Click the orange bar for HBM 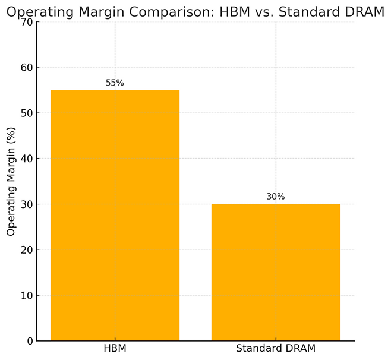[115, 215]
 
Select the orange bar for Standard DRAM [276, 272]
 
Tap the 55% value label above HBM [115, 83]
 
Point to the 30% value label [276, 197]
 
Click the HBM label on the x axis [115, 348]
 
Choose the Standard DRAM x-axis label [276, 348]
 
